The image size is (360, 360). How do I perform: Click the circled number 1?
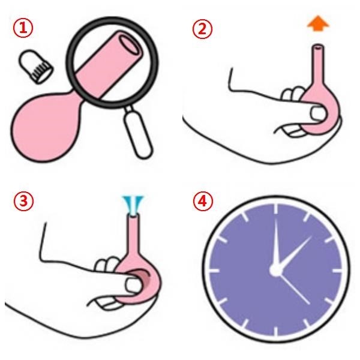23,28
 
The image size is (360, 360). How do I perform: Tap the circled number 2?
202,29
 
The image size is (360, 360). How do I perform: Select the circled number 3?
23,200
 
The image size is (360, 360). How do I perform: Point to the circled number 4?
203,201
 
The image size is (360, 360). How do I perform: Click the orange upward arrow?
318,23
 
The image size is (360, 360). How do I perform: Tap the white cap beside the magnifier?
36,67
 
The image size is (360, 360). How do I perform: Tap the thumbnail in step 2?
318,113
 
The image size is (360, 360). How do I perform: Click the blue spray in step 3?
133,203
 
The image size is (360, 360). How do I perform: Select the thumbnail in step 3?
133,284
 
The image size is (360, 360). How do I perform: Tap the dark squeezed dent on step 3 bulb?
143,276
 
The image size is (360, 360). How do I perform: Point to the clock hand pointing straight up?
277,244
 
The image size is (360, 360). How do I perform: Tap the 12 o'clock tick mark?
276,209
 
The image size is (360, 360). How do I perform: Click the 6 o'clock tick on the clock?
276,331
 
